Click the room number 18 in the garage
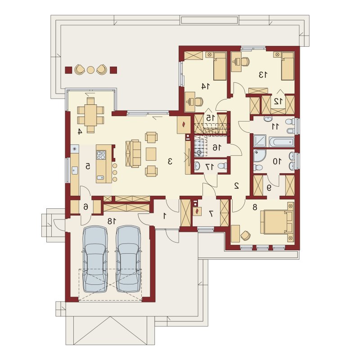112,221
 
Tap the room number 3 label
170,162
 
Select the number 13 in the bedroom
263,75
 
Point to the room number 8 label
255,207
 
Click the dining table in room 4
91,115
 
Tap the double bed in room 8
277,222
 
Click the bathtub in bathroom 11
282,142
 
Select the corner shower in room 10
259,156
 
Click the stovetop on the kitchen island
101,155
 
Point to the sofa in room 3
133,153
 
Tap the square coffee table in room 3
151,154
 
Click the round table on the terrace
91,70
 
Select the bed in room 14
220,66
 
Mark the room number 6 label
85,207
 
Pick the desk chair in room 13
245,62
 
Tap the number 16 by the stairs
216,148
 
